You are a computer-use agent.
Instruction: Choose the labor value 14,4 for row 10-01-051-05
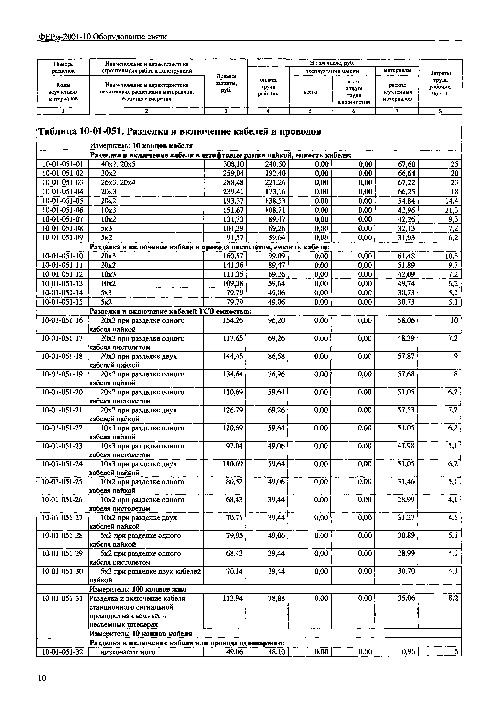coord(451,201)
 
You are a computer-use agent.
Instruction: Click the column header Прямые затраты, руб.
coord(226,83)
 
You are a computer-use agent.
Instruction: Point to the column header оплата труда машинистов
coord(354,92)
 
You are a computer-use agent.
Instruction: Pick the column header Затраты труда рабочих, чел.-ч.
coord(440,83)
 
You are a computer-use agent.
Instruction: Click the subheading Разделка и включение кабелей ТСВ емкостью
coord(171,311)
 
